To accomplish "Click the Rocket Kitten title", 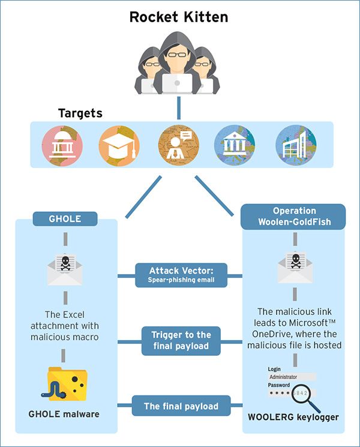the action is tap(179, 17).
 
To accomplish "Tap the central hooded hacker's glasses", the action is tap(176, 55).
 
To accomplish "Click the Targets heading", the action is tap(80, 113).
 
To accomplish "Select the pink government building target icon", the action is tap(62, 146).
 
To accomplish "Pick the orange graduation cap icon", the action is tap(119, 146).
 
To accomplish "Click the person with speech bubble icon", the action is tap(179, 145).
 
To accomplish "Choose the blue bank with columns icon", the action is tap(235, 145).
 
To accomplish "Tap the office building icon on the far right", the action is tap(296, 145).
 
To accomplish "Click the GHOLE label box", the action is tap(65, 219).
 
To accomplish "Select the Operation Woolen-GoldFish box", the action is tap(293, 217).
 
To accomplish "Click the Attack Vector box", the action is tap(181, 275).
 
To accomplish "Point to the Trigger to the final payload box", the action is tap(181, 341).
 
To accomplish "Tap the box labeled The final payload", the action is tap(181, 406).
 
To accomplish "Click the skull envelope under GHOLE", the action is tap(65, 269).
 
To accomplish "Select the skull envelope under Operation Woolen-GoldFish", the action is tap(295, 267).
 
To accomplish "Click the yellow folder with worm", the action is tap(64, 384).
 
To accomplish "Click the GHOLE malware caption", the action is tap(64, 414).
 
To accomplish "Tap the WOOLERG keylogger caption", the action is tap(293, 417).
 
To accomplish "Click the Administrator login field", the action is tap(292, 377).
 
